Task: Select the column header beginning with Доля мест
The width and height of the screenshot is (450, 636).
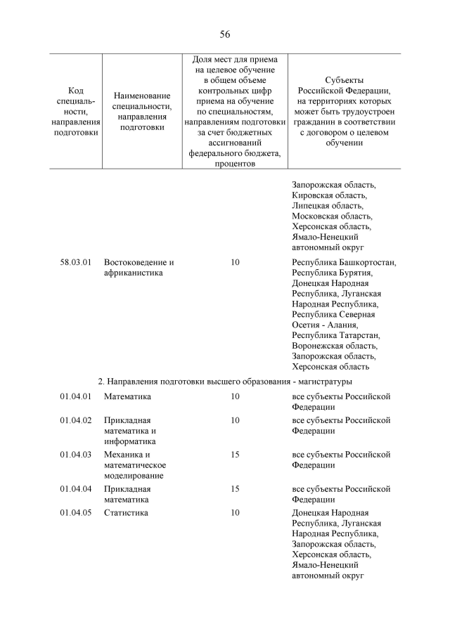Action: tap(235, 112)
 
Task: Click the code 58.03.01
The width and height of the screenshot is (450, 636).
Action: tap(76, 262)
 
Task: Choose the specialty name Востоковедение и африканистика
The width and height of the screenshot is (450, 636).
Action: tap(139, 268)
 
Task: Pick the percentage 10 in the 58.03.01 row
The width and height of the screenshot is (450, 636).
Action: tap(235, 262)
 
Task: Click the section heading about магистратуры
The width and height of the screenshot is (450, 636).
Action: tap(224, 381)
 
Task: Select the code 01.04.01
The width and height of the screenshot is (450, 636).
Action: tap(76, 396)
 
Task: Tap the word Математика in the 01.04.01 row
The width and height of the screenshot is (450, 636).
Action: tap(127, 396)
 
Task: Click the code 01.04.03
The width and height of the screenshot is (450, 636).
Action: tap(76, 454)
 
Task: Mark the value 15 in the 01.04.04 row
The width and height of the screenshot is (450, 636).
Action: tap(235, 488)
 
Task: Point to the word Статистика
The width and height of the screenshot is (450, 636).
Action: tap(126, 512)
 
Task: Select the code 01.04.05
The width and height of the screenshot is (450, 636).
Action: tap(76, 512)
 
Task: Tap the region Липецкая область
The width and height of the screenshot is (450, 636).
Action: tap(328, 206)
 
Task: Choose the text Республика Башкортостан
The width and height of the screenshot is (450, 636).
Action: tap(344, 262)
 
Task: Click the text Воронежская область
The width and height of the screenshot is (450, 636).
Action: tap(335, 345)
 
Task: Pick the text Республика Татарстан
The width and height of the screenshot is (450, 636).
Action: tap(335, 335)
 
